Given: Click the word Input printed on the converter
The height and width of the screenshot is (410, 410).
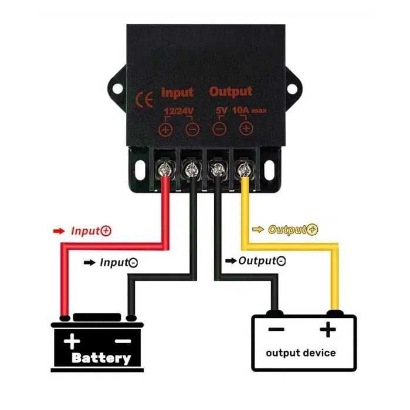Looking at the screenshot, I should pos(177,93).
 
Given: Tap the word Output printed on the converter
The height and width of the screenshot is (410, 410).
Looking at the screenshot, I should pos(231,92).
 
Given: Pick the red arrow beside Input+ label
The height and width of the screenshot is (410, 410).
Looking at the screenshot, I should pos(59,231).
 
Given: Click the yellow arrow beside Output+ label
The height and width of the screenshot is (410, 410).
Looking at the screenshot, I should pos(258,229).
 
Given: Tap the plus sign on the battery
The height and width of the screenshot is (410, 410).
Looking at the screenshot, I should pos(72,341).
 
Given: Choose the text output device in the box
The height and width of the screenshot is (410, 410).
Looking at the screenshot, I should pos(301,353).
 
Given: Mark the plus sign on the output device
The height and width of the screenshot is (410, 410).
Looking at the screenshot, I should pos(328,331).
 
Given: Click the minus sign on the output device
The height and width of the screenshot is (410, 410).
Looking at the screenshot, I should pos(276,330).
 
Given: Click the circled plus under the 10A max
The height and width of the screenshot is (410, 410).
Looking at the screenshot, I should pos(246,128).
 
